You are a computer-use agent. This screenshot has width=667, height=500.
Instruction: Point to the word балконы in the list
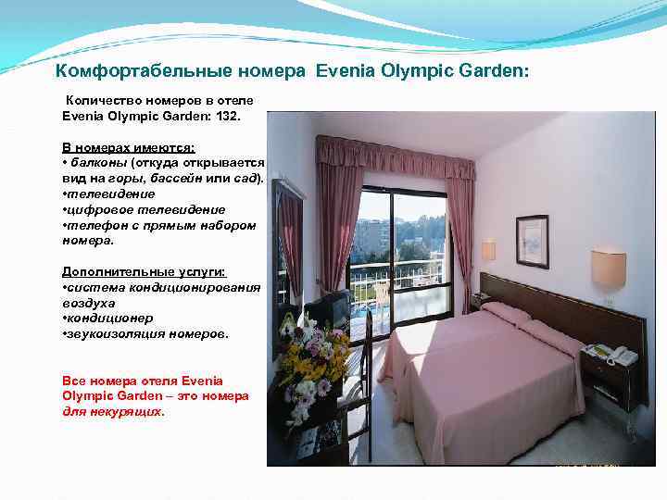[97, 163]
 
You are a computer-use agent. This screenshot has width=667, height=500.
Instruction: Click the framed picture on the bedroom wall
[532, 241]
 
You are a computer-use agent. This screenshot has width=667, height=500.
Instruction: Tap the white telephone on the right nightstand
[611, 355]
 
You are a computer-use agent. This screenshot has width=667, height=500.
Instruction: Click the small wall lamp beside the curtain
[488, 250]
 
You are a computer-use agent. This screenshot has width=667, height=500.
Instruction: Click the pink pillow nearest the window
[506, 313]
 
